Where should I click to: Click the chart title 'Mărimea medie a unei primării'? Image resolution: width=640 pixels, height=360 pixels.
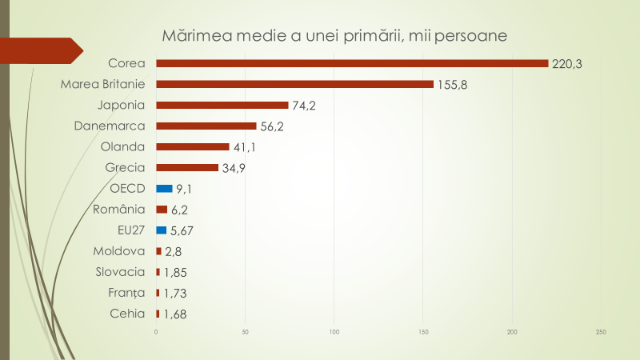335,37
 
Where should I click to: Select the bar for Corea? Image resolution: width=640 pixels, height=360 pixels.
352,63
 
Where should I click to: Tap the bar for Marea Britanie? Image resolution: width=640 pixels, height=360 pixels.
294,84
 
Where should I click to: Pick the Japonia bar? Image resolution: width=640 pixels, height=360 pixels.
222,105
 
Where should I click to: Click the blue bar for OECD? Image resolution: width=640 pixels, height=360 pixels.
164,189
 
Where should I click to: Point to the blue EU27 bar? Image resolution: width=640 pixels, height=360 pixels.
161,230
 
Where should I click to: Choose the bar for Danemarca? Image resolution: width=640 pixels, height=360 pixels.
206,126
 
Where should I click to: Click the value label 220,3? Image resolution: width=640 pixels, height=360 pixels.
566,64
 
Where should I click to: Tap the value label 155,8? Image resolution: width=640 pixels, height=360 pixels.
452,85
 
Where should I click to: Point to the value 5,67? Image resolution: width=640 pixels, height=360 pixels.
182,231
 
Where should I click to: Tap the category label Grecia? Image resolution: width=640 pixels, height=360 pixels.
126,168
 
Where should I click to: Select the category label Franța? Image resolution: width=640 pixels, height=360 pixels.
127,293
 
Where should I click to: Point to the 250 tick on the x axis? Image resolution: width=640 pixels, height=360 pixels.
601,332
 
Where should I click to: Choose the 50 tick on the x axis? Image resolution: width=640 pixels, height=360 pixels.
246,332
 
